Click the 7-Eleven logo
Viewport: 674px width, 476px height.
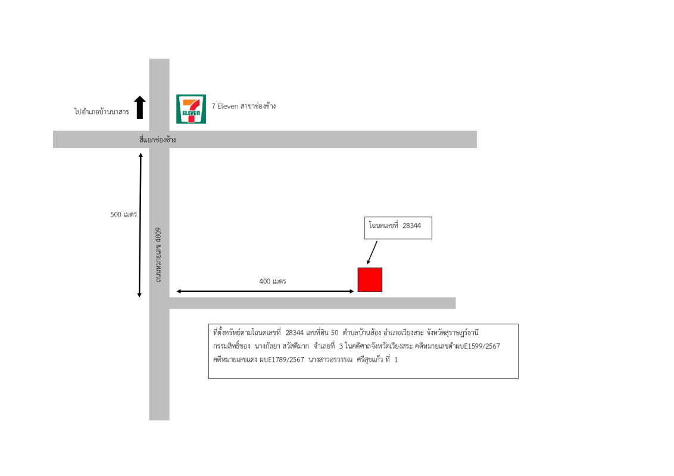coord(191,109)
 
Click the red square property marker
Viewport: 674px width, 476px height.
coord(370,280)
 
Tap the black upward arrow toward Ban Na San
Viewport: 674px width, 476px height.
coord(140,107)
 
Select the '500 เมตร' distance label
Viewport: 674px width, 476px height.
coord(123,214)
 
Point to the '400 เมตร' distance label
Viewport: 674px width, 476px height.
coord(273,281)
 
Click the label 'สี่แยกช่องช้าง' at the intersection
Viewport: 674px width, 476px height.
coord(157,140)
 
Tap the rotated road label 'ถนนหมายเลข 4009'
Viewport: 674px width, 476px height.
coord(158,255)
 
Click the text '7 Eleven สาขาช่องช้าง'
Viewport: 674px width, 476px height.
coord(244,106)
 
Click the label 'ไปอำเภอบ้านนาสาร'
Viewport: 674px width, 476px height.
coord(101,112)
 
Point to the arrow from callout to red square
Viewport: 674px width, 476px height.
coord(372,253)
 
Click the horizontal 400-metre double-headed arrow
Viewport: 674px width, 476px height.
coord(265,292)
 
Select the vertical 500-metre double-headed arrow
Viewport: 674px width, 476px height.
coord(140,225)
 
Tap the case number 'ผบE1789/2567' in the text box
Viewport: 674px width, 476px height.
coord(282,359)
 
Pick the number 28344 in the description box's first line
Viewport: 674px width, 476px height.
coord(295,333)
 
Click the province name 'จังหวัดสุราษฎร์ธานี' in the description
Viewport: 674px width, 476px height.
coord(453,333)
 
